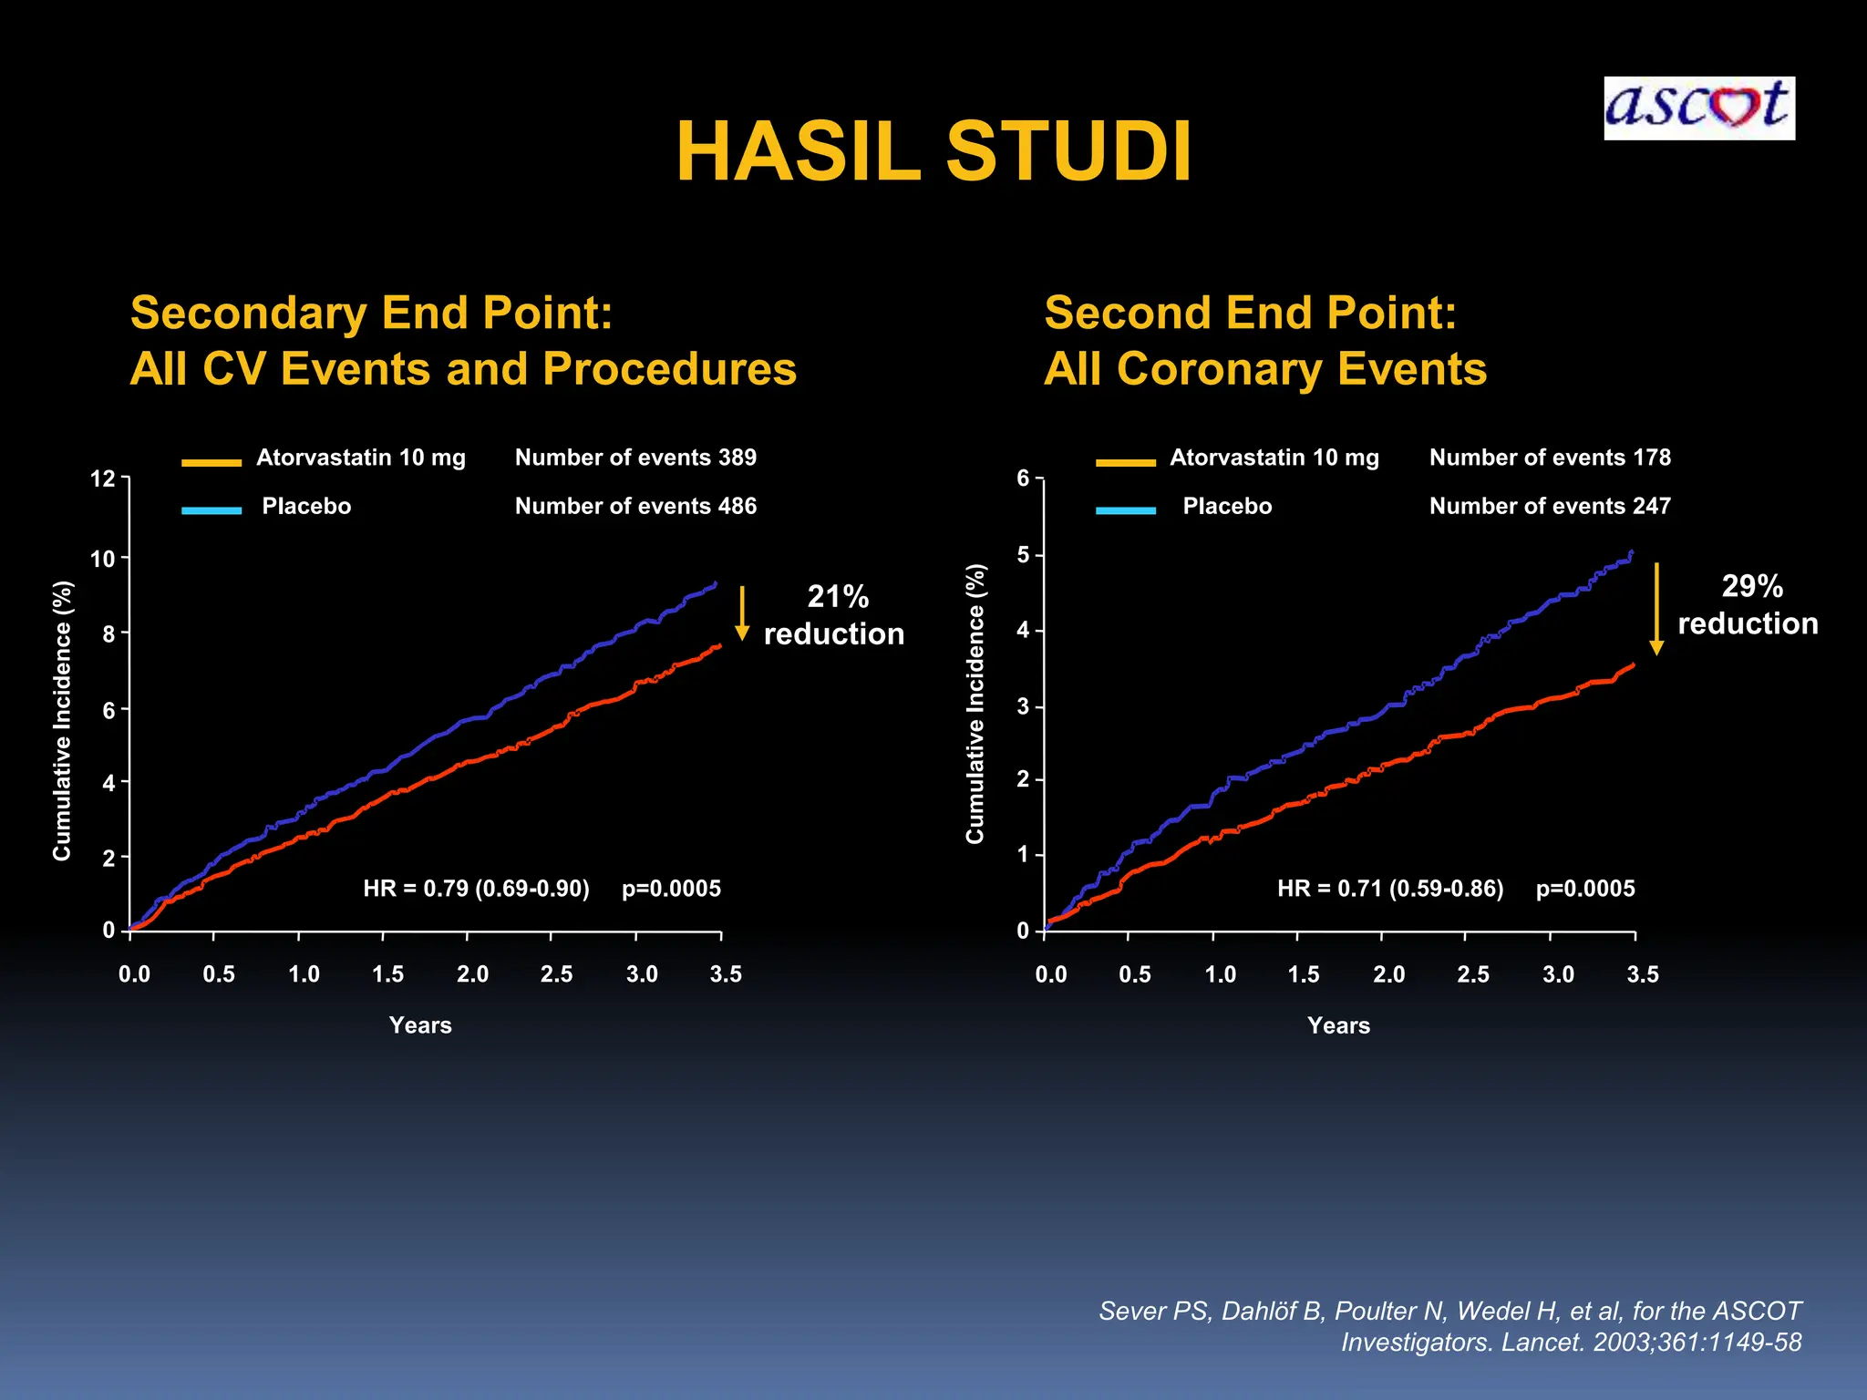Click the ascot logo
[x=1698, y=108]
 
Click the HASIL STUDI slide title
[x=933, y=152]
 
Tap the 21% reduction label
[x=833, y=615]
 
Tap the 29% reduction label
[x=1748, y=604]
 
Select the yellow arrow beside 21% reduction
[x=742, y=612]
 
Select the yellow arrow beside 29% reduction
[x=1656, y=608]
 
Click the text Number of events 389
[x=635, y=458]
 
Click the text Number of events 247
[x=1550, y=506]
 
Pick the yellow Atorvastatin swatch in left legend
[x=211, y=462]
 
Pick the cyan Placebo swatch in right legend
[x=1126, y=510]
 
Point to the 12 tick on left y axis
[x=103, y=479]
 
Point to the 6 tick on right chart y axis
[x=1023, y=479]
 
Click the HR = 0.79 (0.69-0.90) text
[x=476, y=888]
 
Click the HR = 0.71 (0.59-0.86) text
[x=1390, y=888]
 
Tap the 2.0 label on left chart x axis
[x=472, y=974]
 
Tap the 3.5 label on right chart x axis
[x=1642, y=974]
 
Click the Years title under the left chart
[x=420, y=1025]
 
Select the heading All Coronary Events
[x=1265, y=369]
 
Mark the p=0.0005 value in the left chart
[x=671, y=888]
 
